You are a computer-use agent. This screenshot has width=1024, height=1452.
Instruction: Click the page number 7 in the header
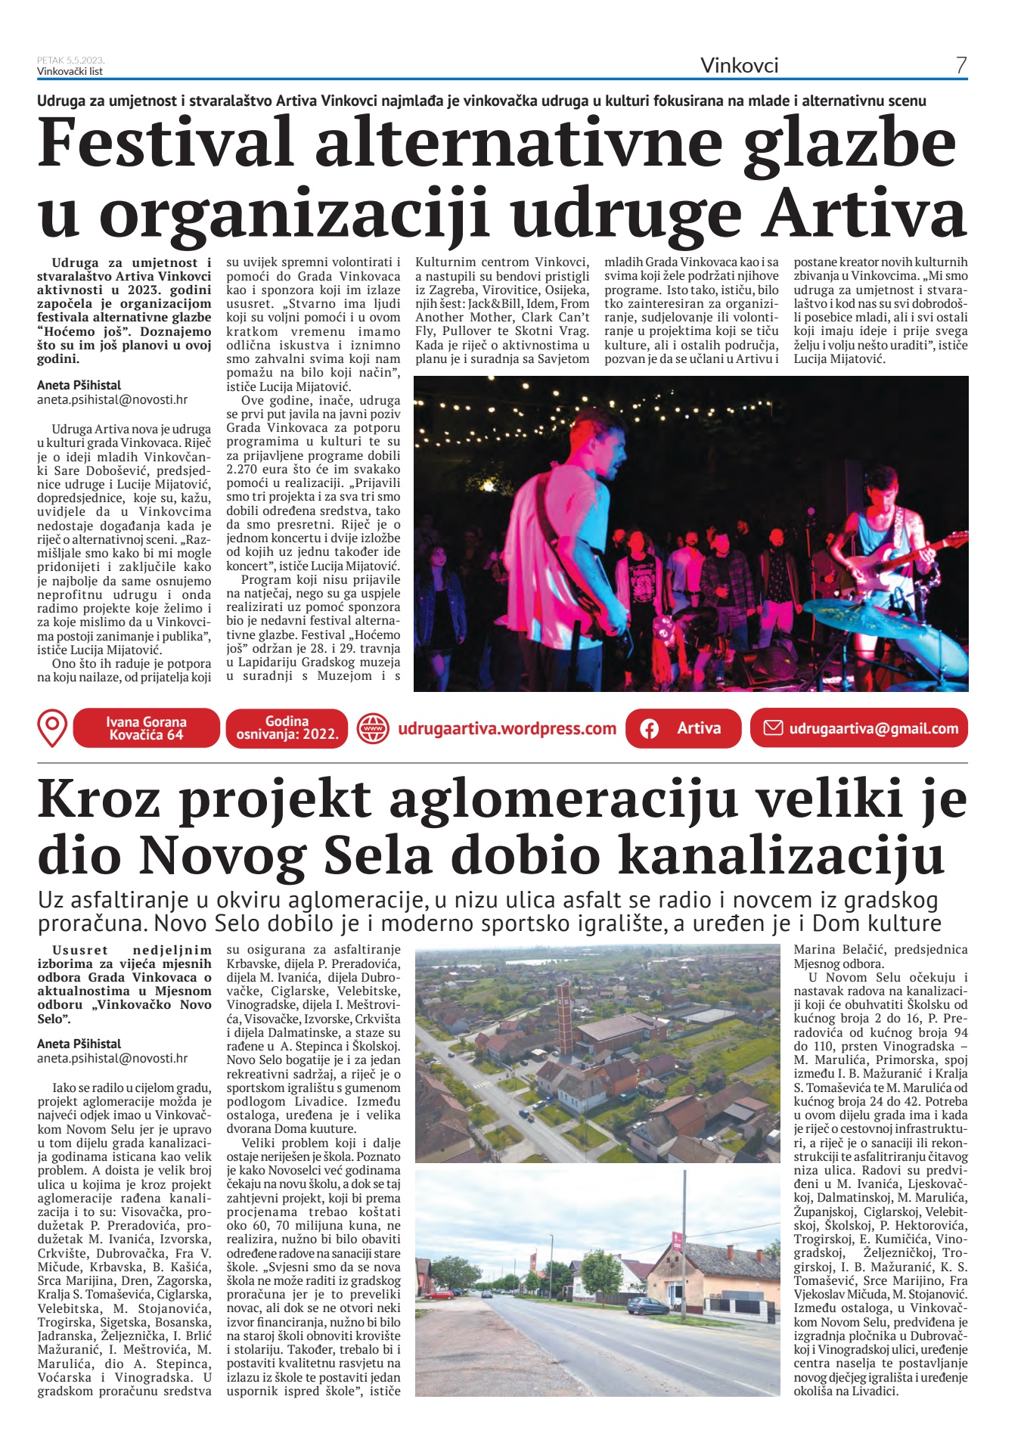click(x=960, y=66)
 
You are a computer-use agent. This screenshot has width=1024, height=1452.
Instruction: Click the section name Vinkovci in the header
click(x=739, y=66)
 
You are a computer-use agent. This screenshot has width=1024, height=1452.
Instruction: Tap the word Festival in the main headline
click(x=166, y=144)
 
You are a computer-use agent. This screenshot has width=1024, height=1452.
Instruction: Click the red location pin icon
click(x=51, y=728)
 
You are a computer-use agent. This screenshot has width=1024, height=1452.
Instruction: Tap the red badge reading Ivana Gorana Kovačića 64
click(x=146, y=728)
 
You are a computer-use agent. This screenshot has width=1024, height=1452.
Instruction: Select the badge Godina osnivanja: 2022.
click(x=287, y=728)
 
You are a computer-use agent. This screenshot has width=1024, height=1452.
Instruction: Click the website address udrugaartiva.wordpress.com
click(x=507, y=729)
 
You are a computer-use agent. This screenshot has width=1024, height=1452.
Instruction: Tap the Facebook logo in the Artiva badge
click(x=649, y=729)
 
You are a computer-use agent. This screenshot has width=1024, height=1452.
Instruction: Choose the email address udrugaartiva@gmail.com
click(x=874, y=729)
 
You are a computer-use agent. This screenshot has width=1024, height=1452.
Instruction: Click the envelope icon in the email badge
click(x=772, y=728)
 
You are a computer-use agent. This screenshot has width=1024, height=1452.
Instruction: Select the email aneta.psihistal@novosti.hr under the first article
click(x=113, y=400)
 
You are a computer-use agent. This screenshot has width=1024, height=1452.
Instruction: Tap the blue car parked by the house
click(x=648, y=1304)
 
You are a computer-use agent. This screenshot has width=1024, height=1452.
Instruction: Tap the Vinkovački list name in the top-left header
click(x=70, y=72)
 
